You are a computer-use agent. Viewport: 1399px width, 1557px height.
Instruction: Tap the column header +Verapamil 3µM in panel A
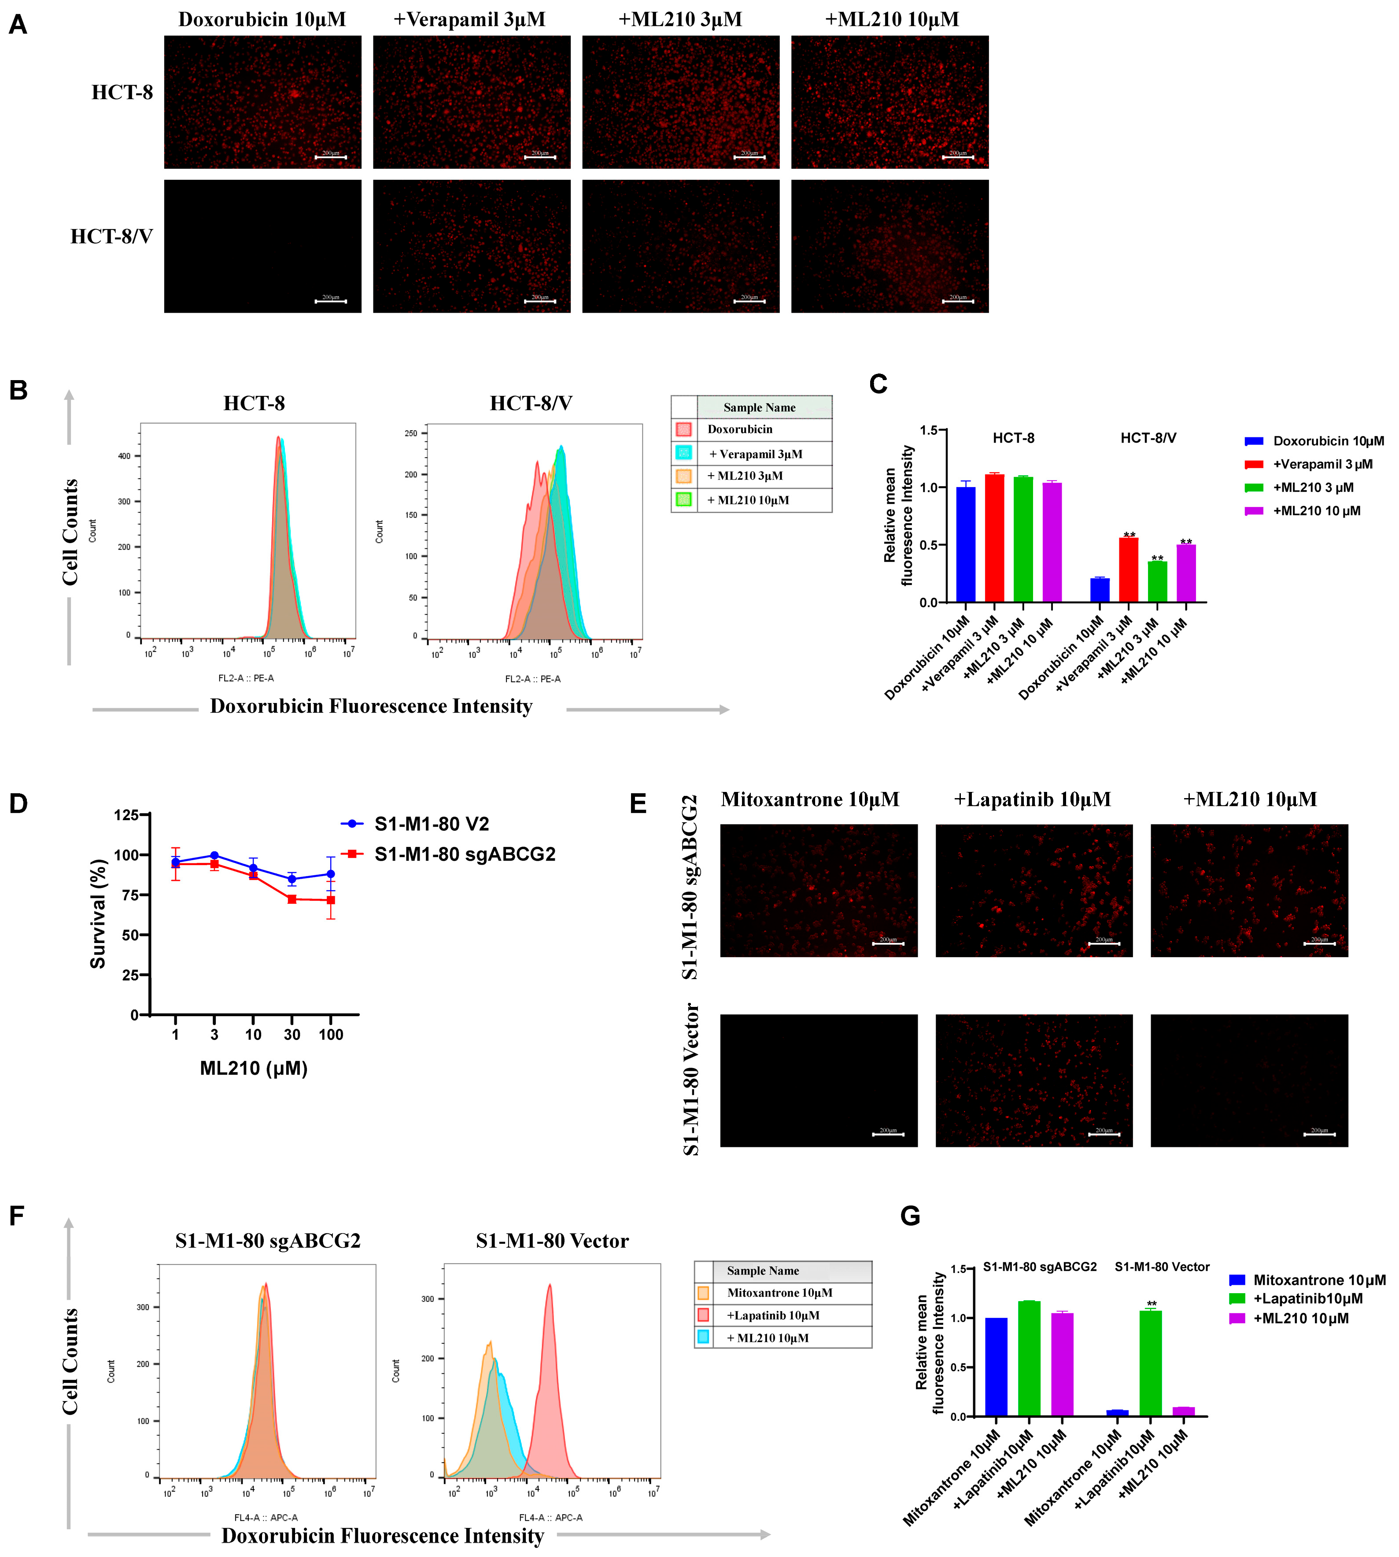click(470, 19)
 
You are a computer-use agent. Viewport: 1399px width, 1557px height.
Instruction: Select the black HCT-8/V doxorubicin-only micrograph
click(262, 246)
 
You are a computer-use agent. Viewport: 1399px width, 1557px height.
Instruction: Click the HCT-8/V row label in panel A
click(111, 236)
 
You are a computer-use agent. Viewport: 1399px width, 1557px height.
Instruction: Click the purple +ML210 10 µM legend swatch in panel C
click(1254, 510)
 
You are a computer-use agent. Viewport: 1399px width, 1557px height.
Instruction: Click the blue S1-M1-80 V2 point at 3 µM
click(214, 856)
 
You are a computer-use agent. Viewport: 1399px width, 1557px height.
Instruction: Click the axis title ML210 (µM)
click(254, 1068)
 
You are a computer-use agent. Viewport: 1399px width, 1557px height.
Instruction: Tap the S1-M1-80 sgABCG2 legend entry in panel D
click(464, 854)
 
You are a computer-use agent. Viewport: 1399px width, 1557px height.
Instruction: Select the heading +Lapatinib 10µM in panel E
click(1032, 800)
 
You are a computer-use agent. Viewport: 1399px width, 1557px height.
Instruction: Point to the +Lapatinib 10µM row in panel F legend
click(772, 1316)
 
